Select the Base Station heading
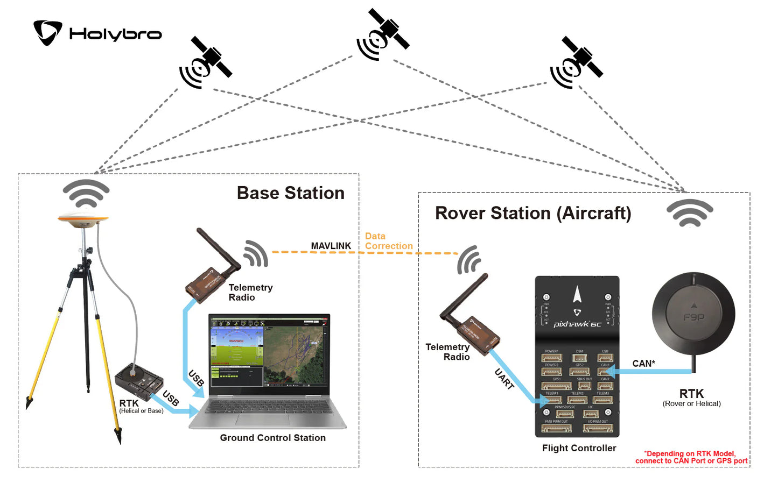click(x=290, y=193)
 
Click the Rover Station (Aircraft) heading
click(x=532, y=213)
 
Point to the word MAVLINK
click(x=331, y=246)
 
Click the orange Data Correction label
click(x=388, y=241)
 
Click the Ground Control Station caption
click(x=272, y=438)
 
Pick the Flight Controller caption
click(x=579, y=448)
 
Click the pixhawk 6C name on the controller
click(x=577, y=324)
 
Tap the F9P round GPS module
click(x=693, y=315)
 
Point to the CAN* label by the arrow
click(x=643, y=364)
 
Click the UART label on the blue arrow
click(x=504, y=379)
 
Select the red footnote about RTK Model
click(x=691, y=457)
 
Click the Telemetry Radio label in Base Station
click(x=250, y=293)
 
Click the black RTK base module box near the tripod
click(x=139, y=381)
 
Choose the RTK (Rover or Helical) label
click(x=691, y=398)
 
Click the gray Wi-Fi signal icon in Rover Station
click(x=690, y=213)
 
